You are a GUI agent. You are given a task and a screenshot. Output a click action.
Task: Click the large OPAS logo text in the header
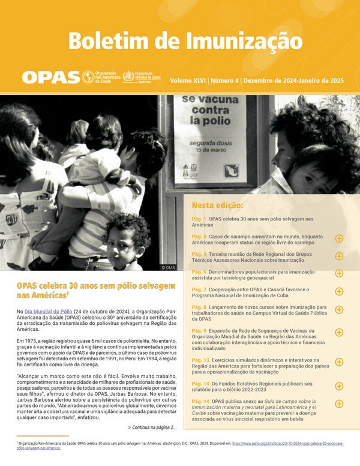(51, 77)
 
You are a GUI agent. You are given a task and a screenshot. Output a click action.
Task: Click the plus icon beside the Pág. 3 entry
(339, 238)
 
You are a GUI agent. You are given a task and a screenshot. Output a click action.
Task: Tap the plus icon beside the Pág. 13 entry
(339, 362)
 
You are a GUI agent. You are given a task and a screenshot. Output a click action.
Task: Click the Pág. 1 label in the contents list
(199, 220)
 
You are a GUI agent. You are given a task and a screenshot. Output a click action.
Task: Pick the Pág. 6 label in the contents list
(199, 273)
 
